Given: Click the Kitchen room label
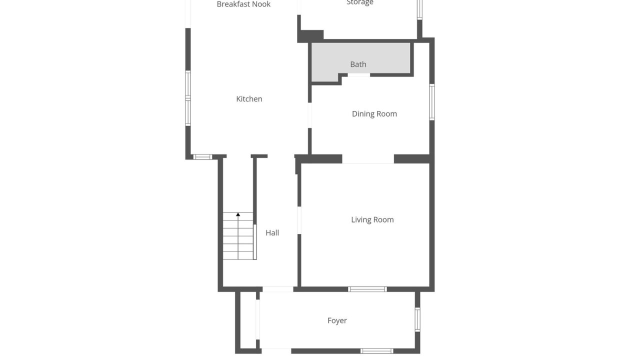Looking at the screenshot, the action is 249,99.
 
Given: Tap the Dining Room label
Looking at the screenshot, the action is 374,113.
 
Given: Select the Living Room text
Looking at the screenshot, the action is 372,219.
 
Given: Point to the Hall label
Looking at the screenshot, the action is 272,232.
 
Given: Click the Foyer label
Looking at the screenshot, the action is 337,320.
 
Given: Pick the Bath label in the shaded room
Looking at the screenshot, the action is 358,64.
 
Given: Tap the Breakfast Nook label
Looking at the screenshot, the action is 243,4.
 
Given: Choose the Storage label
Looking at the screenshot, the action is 360,2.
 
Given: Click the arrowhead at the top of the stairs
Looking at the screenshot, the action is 238,214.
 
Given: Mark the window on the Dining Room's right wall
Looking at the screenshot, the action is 432,102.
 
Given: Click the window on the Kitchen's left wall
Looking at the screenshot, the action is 188,98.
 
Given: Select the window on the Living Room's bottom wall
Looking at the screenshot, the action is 367,289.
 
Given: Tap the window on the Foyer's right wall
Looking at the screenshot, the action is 417,319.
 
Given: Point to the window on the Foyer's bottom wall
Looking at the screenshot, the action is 376,351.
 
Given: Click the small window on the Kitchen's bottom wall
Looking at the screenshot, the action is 202,157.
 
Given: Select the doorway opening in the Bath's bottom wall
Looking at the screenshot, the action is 358,75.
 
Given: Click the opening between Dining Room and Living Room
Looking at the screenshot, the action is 368,159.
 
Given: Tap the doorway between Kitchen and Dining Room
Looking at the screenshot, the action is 309,115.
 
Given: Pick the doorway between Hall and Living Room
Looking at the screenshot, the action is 299,220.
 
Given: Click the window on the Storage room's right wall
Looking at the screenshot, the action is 419,9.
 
